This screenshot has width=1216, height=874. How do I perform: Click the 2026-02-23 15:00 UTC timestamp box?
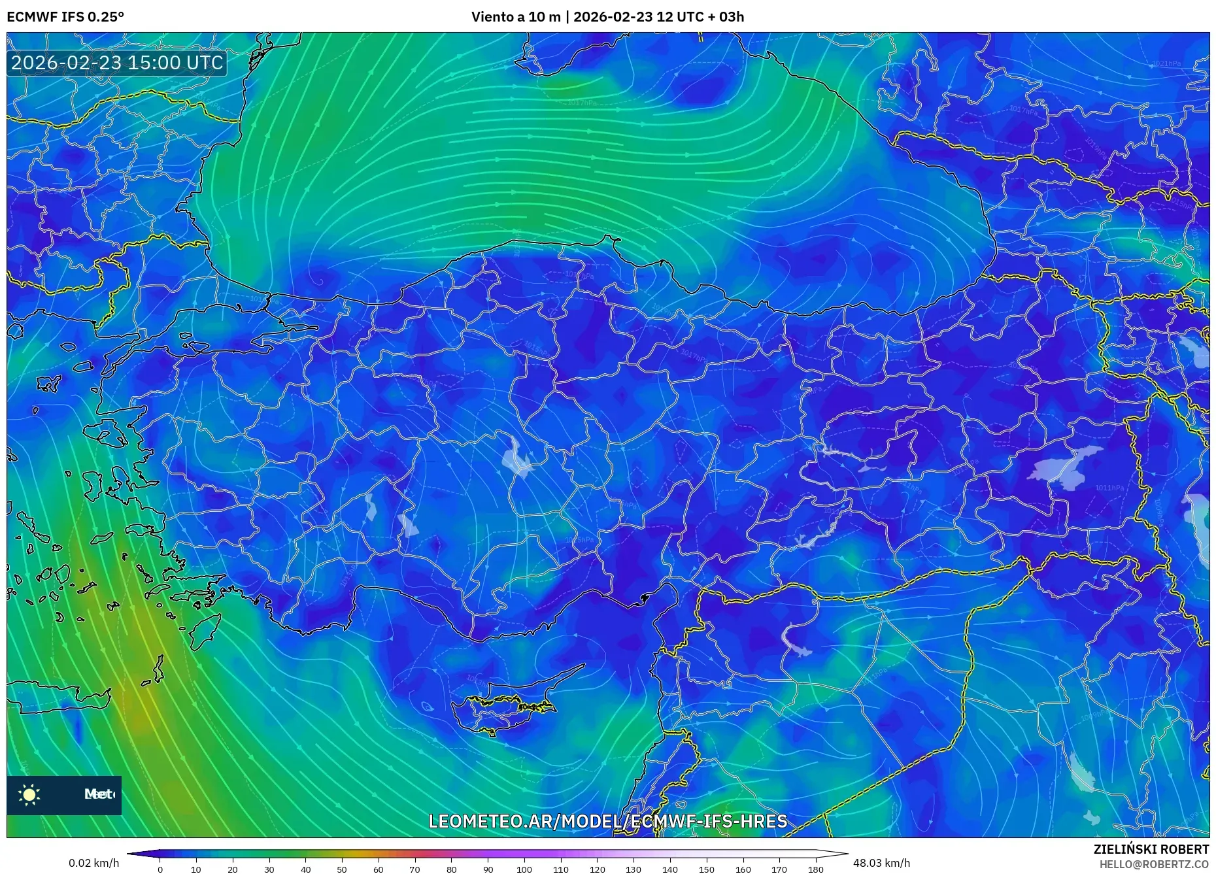tap(117, 63)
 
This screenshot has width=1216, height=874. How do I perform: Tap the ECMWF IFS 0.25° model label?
tap(65, 17)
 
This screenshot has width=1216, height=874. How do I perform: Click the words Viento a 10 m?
tap(516, 17)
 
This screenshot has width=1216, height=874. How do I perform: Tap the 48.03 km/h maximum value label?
tap(881, 863)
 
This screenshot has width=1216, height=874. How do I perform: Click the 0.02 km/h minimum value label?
tap(94, 863)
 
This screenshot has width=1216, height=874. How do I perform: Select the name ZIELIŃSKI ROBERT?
tap(1151, 849)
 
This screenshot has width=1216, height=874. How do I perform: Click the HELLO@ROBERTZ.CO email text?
tap(1154, 864)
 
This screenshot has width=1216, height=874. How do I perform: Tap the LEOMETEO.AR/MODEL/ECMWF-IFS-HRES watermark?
tap(607, 821)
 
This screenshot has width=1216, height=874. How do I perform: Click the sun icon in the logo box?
tap(29, 794)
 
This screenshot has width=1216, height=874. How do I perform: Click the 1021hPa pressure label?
tap(1166, 63)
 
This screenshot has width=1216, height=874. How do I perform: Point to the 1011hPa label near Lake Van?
tap(1109, 488)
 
